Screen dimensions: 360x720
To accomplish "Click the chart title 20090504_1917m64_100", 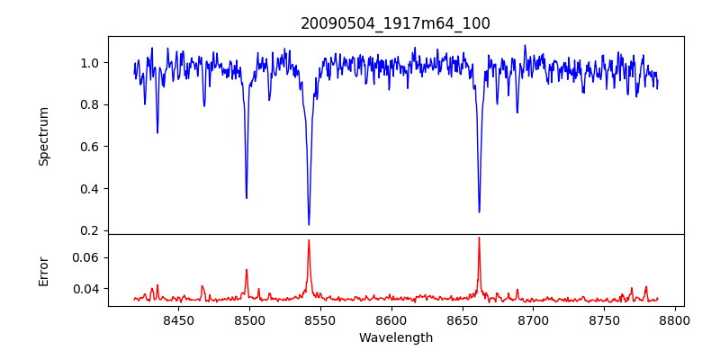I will (395, 23).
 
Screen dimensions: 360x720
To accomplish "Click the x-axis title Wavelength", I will (395, 337).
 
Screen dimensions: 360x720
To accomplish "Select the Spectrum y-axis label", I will (43, 136).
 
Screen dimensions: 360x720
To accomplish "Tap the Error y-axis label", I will (43, 270).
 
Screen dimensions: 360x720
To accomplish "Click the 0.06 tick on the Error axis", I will (86, 257).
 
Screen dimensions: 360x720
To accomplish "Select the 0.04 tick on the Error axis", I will (86, 289).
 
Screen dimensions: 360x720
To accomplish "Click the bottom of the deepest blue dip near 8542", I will (309, 224).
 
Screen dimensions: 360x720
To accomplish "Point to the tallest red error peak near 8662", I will (479, 238).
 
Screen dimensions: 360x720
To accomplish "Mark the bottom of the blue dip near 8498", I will (247, 198).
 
